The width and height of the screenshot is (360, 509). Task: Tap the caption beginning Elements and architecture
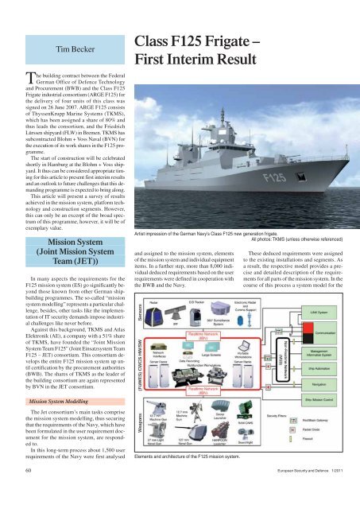191,482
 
